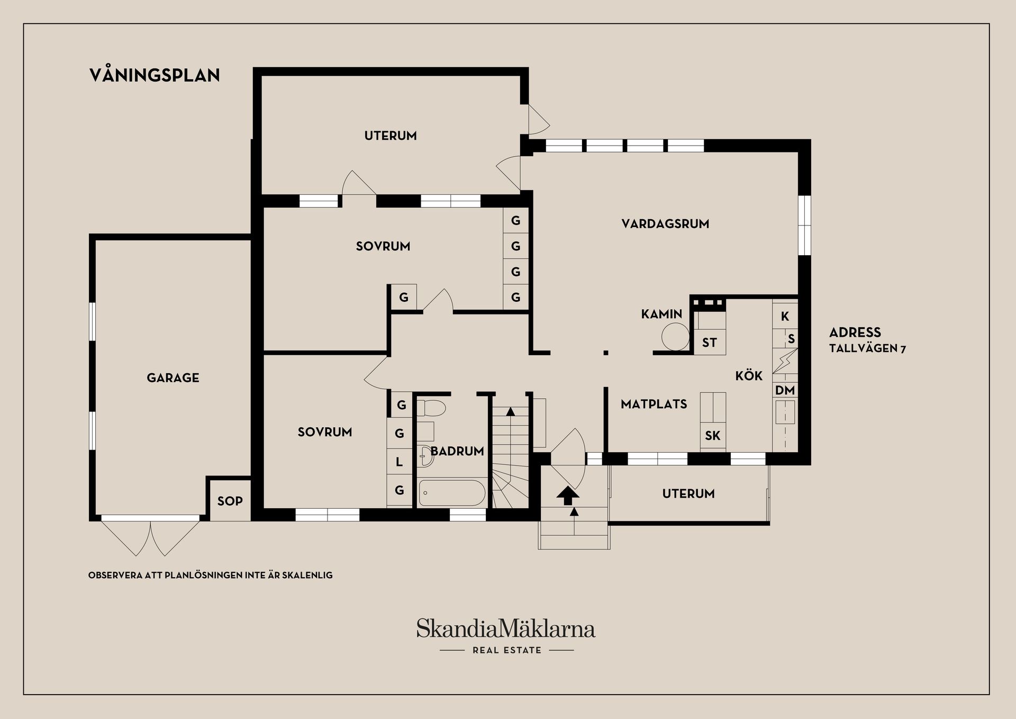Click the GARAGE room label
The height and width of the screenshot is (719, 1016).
tap(173, 378)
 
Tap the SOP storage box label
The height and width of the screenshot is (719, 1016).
tap(230, 501)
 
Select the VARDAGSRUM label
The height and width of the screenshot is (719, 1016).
tap(665, 223)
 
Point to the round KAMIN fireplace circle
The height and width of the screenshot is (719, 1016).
tap(675, 337)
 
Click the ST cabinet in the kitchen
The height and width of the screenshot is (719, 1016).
tap(709, 343)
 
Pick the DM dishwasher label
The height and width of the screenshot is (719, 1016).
tap(785, 391)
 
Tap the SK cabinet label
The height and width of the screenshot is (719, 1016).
tap(712, 436)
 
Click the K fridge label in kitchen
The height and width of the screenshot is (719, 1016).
tap(785, 316)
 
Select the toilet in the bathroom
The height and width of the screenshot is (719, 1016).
tap(431, 408)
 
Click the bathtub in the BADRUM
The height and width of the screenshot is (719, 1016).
tap(452, 493)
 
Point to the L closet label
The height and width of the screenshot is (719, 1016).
tap(400, 462)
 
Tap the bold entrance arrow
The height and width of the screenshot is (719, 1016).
tap(567, 496)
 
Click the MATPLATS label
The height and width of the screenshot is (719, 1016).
tap(654, 404)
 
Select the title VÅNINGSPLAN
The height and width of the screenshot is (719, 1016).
tap(155, 75)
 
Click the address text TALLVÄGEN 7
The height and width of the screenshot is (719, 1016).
tap(867, 348)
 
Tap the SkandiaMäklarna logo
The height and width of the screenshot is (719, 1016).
tap(505, 628)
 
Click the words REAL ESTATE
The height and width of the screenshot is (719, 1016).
tap(507, 650)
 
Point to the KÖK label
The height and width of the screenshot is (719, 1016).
tap(749, 376)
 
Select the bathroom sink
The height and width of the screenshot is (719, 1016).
tap(425, 456)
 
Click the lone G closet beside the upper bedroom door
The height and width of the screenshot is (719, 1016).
tap(404, 298)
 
